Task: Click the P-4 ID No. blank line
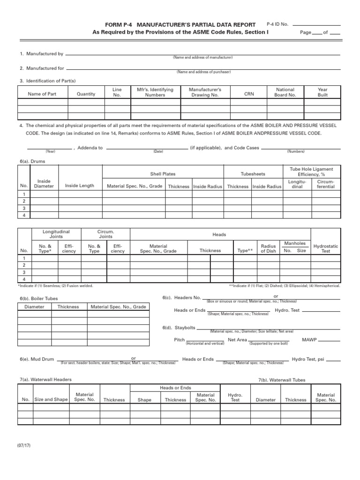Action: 316,25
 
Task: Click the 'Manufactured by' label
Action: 41,54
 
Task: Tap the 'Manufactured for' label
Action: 42,68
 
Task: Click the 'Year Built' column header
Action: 322,92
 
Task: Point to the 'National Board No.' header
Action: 285,92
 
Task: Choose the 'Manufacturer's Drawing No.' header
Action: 205,92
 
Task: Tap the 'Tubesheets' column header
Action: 253,174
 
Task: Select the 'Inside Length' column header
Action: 79,186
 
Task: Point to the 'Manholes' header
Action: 295,243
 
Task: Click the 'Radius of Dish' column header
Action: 269,248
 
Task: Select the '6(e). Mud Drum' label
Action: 37,359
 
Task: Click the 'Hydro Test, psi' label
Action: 308,359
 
